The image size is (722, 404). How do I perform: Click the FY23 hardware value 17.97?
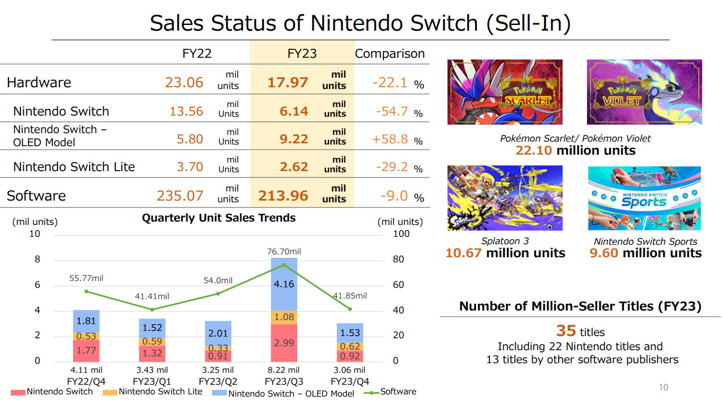pyautogui.click(x=288, y=83)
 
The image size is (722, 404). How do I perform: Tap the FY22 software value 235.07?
pyautogui.click(x=180, y=196)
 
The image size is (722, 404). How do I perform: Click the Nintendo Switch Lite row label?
pyautogui.click(x=74, y=167)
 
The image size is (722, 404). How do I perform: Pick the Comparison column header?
pyautogui.click(x=390, y=54)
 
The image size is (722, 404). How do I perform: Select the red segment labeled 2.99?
pyautogui.click(x=284, y=343)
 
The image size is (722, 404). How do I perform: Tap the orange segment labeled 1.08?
pyautogui.click(x=284, y=317)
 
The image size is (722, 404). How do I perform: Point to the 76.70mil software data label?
pyautogui.click(x=284, y=252)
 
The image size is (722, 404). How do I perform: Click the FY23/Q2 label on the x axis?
pyautogui.click(x=218, y=381)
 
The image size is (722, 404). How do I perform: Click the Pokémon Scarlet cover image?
pyautogui.click(x=505, y=92)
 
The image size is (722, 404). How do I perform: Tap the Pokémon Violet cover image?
pyautogui.click(x=644, y=92)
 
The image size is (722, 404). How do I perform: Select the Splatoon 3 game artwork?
pyautogui.click(x=505, y=198)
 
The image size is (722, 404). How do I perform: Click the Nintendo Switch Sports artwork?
pyautogui.click(x=645, y=198)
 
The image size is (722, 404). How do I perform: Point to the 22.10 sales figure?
pyautogui.click(x=534, y=151)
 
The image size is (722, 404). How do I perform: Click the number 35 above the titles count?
pyautogui.click(x=566, y=331)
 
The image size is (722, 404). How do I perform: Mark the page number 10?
pyautogui.click(x=663, y=388)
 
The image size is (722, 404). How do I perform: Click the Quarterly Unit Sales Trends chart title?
pyautogui.click(x=218, y=218)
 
